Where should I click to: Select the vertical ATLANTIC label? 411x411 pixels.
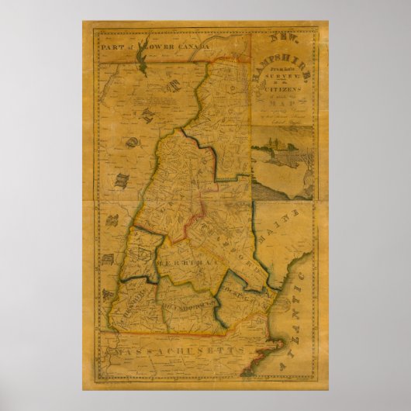296,318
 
